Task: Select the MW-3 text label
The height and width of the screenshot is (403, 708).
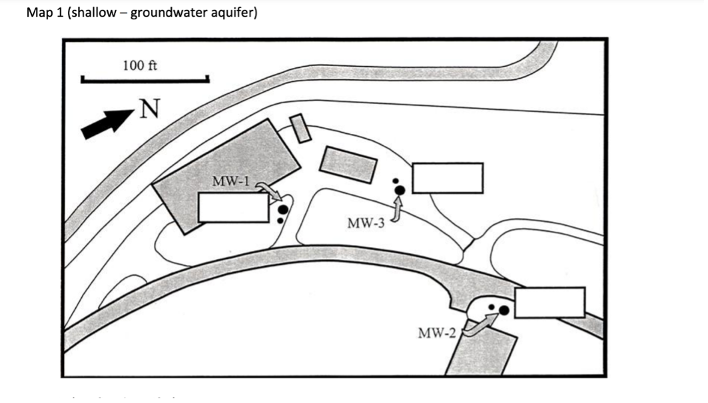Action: [x=366, y=223]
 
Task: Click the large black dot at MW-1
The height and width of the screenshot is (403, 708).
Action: [x=282, y=209]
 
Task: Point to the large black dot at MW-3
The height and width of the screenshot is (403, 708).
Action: [x=400, y=190]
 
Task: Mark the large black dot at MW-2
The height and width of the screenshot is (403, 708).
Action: [x=504, y=310]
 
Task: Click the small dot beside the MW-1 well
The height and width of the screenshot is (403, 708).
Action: [x=280, y=220]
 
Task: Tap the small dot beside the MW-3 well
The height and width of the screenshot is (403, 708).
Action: [x=396, y=181]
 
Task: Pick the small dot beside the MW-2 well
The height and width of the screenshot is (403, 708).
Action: [x=491, y=307]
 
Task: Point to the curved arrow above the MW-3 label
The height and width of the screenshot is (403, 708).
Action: [x=397, y=209]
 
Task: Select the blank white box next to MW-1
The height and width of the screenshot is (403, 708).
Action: [x=234, y=208]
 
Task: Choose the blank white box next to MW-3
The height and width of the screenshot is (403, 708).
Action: [x=447, y=178]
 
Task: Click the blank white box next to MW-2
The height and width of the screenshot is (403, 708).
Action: [x=550, y=302]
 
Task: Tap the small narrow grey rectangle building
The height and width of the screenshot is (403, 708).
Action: [x=300, y=128]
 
